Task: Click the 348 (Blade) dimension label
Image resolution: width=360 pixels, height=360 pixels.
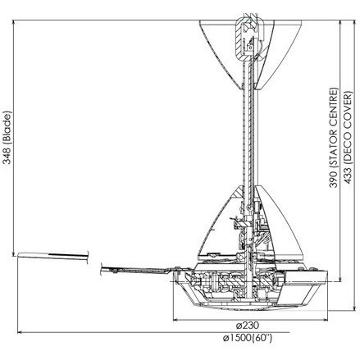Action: click(x=7, y=138)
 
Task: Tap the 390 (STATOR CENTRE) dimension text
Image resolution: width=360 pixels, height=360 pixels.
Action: click(x=334, y=138)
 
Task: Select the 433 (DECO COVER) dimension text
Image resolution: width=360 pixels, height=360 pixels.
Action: click(x=348, y=138)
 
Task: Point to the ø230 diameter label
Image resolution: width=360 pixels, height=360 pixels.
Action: click(x=247, y=326)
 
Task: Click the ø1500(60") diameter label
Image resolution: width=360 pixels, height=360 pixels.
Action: click(x=248, y=338)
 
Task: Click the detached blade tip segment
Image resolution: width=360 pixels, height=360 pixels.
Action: click(x=53, y=256)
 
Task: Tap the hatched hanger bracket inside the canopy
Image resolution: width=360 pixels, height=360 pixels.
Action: click(x=245, y=39)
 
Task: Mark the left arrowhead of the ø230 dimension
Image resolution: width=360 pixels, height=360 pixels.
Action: click(x=175, y=320)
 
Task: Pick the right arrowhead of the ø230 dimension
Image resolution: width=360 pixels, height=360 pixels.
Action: click(x=326, y=320)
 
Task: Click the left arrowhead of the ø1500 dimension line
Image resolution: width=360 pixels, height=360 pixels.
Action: click(x=20, y=332)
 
